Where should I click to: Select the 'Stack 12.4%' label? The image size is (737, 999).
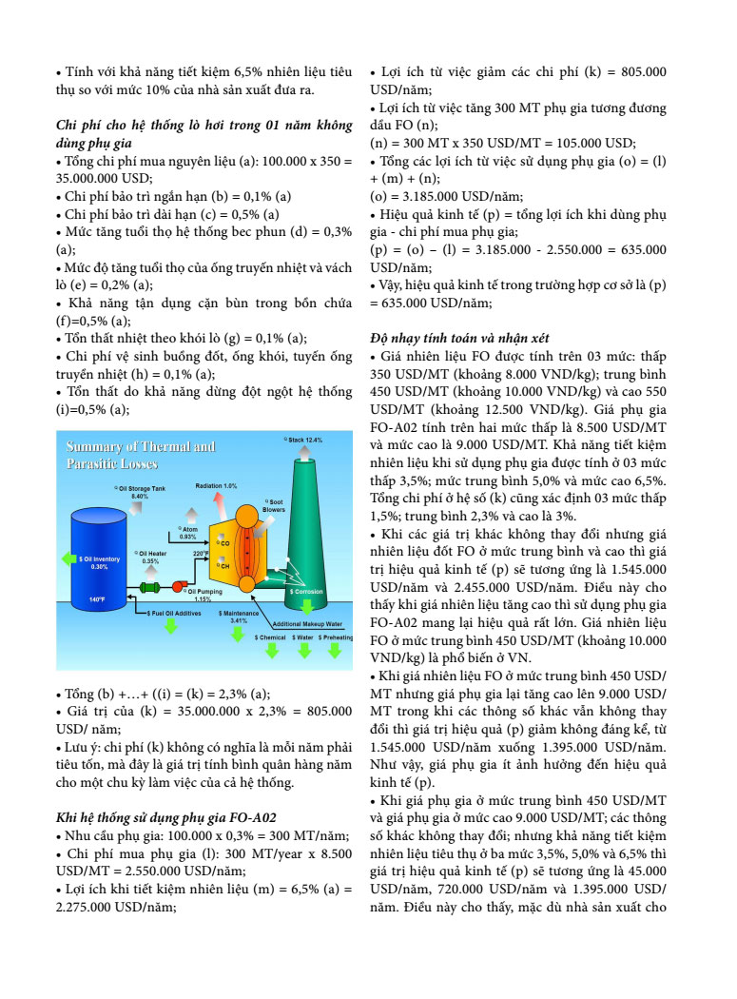pyautogui.click(x=304, y=441)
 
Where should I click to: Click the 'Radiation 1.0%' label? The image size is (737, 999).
pyautogui.click(x=216, y=486)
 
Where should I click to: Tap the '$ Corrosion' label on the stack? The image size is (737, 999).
pyautogui.click(x=306, y=591)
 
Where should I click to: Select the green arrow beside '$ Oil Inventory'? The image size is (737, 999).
pyautogui.click(x=68, y=558)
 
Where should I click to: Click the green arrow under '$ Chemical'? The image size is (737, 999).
pyautogui.click(x=272, y=651)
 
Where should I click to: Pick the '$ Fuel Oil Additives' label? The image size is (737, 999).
pyautogui.click(x=175, y=614)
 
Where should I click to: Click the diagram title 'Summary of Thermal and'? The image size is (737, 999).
pyautogui.click(x=127, y=447)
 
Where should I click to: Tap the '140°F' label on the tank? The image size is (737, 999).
pyautogui.click(x=97, y=599)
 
